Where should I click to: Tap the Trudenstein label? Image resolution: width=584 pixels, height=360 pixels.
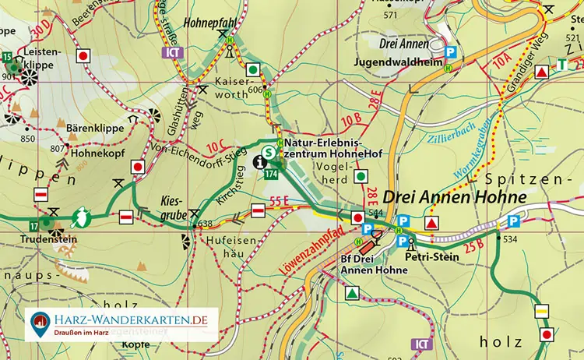[x=51, y=240]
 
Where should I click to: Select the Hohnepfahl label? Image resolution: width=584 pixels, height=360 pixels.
[x=209, y=23]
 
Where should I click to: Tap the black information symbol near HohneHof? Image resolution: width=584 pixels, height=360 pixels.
[x=261, y=161]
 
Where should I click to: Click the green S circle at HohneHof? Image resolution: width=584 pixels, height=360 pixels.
[x=269, y=152]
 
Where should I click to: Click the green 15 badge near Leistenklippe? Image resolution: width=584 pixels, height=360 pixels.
[x=6, y=57]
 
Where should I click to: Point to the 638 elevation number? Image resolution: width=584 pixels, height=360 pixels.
[x=206, y=224]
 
